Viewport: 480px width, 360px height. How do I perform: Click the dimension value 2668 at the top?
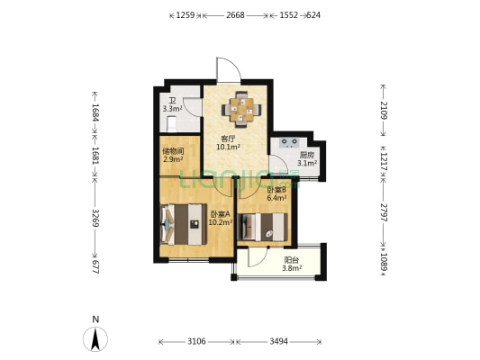point(235,15)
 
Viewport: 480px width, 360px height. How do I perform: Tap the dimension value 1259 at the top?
point(186,15)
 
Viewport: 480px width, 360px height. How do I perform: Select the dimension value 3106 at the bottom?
point(196,341)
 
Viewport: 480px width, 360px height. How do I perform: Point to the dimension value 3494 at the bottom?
point(278,341)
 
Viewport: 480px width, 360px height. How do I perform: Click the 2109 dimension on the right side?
point(384,110)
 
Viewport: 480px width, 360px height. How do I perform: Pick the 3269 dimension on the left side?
point(95,218)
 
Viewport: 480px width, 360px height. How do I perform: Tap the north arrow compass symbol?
point(95,339)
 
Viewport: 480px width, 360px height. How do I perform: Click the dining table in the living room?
point(241,110)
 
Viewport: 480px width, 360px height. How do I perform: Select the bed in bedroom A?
point(183,224)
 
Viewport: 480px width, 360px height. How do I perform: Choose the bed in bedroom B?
point(263,227)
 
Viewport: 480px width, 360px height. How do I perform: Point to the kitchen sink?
point(290,143)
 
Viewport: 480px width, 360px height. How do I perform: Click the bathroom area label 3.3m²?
point(172,109)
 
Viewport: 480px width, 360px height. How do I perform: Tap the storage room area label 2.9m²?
point(173,159)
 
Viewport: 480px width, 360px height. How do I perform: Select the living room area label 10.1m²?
point(228,147)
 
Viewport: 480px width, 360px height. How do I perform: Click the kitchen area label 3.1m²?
point(307,163)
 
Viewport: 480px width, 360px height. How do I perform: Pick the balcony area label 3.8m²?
point(292,268)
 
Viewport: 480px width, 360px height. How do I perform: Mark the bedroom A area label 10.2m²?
point(220,222)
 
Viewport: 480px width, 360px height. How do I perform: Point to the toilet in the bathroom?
point(171,124)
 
